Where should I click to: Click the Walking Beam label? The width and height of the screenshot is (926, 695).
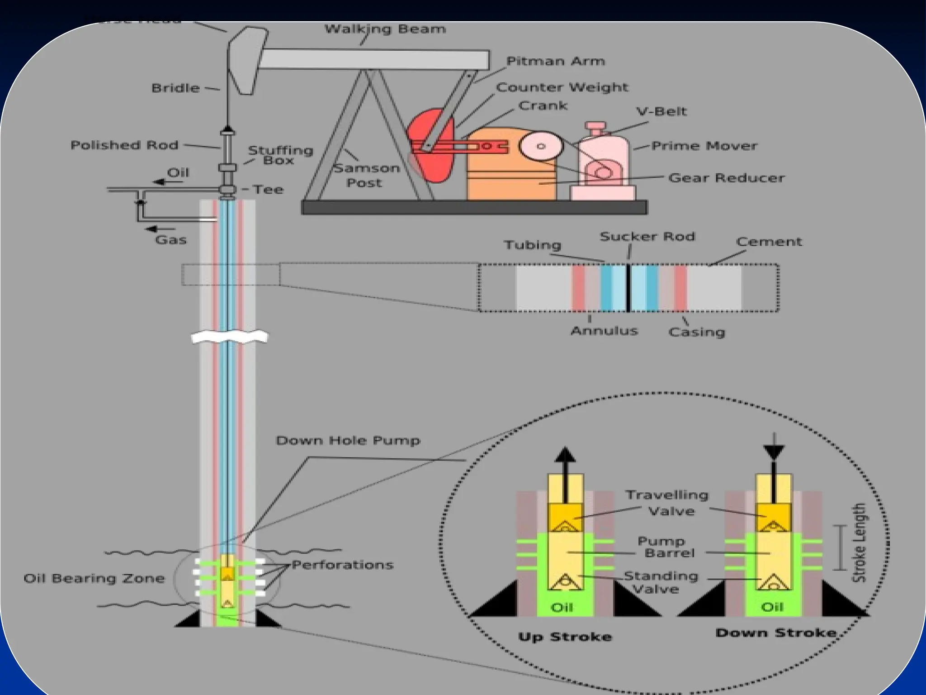pyautogui.click(x=385, y=29)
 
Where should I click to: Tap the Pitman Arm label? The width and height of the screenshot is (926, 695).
pyautogui.click(x=555, y=61)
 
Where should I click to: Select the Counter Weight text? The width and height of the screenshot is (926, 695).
pyautogui.click(x=562, y=87)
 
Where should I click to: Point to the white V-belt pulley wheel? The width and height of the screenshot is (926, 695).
pyautogui.click(x=541, y=146)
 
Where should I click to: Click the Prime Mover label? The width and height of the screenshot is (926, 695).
pyautogui.click(x=704, y=146)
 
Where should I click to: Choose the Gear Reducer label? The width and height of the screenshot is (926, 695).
pyautogui.click(x=726, y=178)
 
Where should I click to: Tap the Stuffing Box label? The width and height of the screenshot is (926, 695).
pyautogui.click(x=280, y=155)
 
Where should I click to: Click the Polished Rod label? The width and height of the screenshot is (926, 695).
pyautogui.click(x=124, y=145)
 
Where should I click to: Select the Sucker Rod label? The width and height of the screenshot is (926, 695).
pyautogui.click(x=647, y=237)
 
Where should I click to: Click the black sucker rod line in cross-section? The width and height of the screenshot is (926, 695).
pyautogui.click(x=628, y=288)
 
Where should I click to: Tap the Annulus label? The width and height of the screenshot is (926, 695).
pyautogui.click(x=604, y=331)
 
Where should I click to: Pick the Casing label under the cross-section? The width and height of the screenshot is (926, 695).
pyautogui.click(x=697, y=332)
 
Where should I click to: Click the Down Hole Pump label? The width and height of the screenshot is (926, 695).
pyautogui.click(x=348, y=441)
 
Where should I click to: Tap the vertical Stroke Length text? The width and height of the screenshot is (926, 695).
pyautogui.click(x=859, y=543)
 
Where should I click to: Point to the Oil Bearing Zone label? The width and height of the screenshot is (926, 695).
pyautogui.click(x=94, y=578)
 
